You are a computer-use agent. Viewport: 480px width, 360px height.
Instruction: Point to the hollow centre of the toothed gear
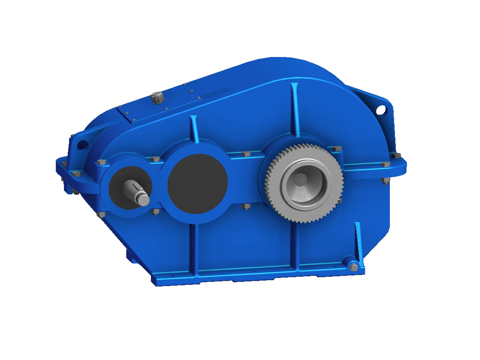(301, 180)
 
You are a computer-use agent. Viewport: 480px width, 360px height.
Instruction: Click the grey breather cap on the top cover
(157, 97)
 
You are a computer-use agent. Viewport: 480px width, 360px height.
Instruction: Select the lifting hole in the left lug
(82, 143)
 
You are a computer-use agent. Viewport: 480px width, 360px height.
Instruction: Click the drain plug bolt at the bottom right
(354, 267)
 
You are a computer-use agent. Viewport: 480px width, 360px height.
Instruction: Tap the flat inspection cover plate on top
(158, 107)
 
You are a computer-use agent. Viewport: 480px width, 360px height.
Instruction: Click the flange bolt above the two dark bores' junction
(155, 159)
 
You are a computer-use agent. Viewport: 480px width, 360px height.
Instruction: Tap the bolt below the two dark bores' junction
(155, 211)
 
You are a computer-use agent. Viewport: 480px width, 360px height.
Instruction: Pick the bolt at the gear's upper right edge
(337, 149)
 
